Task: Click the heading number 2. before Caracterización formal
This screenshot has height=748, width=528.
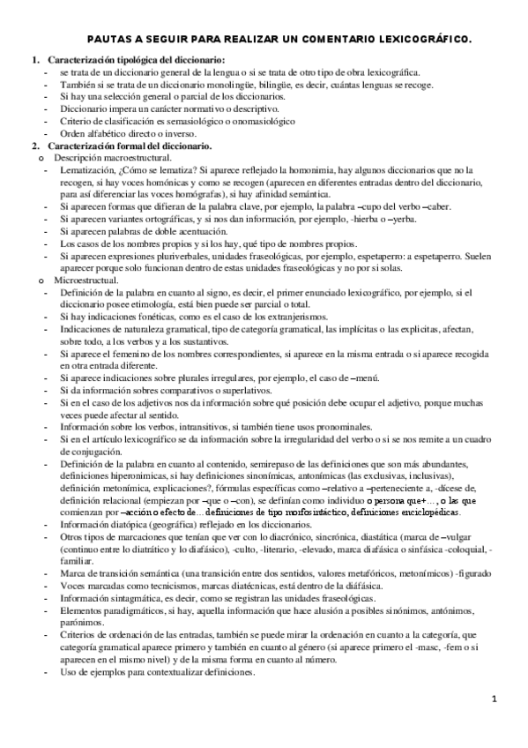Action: click(35, 145)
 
